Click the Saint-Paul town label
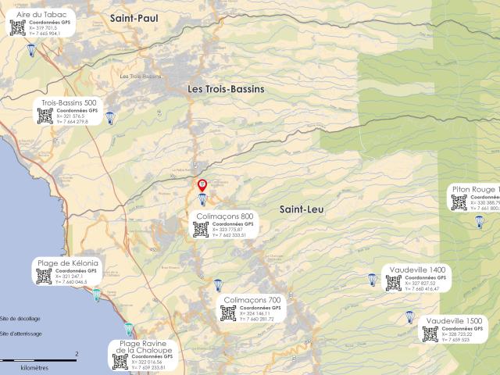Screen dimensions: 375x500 pos(134,17)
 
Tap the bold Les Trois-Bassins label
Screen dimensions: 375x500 pos(226,89)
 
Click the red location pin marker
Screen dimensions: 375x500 pos(202,185)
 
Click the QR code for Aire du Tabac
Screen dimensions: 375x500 pos(18,28)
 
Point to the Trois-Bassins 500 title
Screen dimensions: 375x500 pos(69,102)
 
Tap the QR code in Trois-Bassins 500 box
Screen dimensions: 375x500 pos(45,116)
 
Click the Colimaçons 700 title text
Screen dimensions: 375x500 pos(252,300)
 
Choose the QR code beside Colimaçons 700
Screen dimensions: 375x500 pos(228,313)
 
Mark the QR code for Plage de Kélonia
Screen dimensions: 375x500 pos(44,277)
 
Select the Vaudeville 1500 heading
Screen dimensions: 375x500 pos(455,321)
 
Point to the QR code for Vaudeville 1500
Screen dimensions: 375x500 pos(430,334)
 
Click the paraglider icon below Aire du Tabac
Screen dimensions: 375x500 pos(31,50)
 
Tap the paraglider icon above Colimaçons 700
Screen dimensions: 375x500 pos(218,285)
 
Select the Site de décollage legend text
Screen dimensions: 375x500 pos(20,319)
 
